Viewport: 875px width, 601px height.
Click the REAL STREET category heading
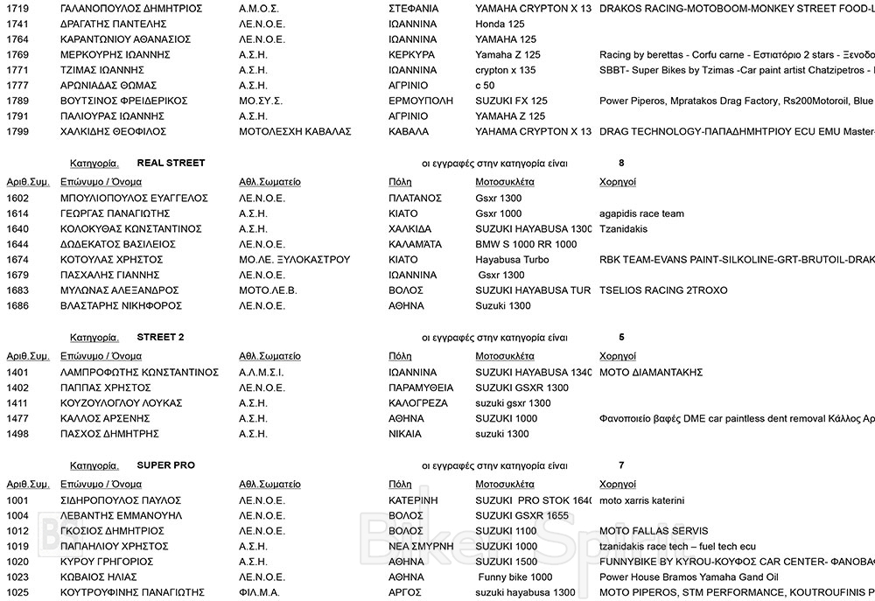(171, 163)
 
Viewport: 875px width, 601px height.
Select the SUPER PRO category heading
(165, 465)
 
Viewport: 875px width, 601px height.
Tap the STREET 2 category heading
(160, 337)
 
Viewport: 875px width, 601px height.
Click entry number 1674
(17, 260)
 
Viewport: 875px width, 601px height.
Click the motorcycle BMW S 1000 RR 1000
(526, 244)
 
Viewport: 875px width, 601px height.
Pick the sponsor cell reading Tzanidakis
(623, 229)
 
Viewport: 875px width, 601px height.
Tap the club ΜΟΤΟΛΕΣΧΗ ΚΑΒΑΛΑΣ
(295, 131)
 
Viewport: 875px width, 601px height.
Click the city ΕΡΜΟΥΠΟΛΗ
(420, 101)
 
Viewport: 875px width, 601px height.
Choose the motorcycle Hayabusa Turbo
(514, 260)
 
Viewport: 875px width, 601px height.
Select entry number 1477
(17, 418)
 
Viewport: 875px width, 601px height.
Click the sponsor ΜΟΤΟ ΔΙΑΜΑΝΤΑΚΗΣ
(651, 372)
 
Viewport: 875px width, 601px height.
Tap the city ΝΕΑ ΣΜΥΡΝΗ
(421, 546)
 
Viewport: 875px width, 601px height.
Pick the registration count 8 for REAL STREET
(620, 163)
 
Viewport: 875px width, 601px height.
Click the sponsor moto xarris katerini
(641, 500)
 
